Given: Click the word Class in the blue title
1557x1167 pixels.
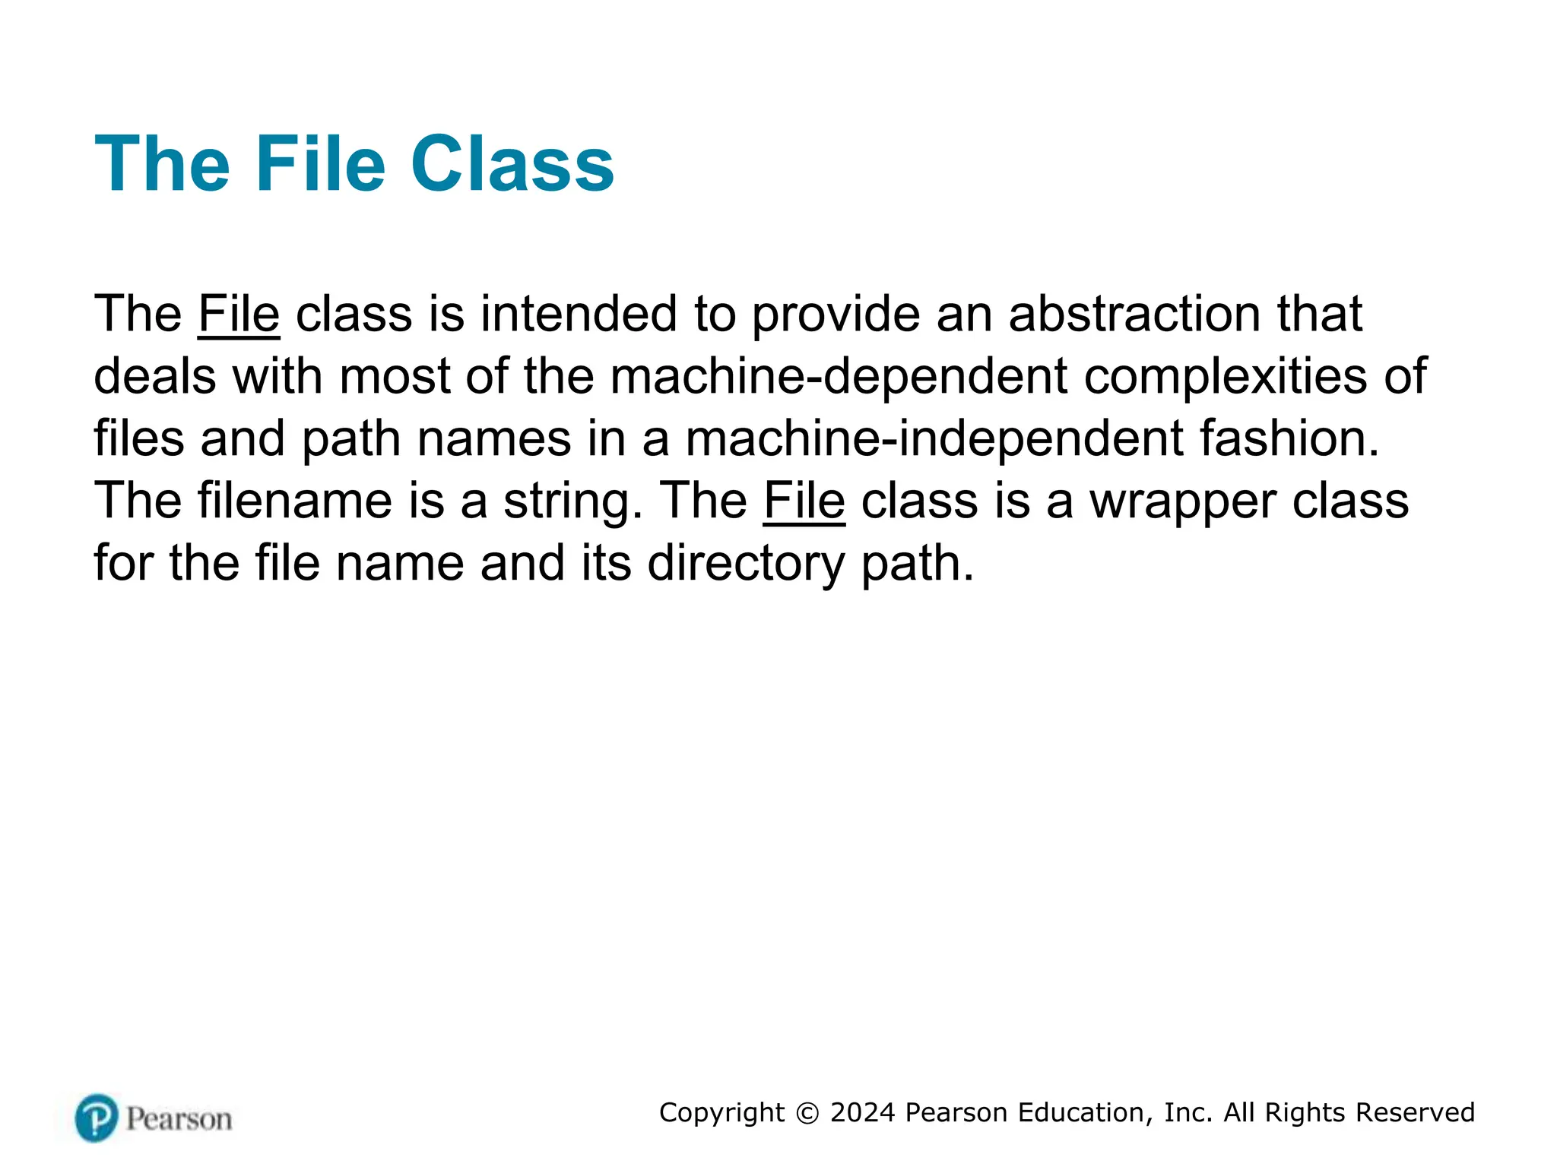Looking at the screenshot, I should click(512, 164).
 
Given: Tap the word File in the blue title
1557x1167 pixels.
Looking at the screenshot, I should click(320, 164).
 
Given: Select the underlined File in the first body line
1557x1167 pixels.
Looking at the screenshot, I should click(239, 314).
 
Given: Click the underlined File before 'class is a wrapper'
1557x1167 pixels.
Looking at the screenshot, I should click(804, 501).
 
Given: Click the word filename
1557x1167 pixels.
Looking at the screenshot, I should click(295, 501).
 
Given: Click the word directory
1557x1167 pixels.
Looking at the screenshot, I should click(746, 565).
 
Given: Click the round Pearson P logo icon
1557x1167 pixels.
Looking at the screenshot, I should click(97, 1118).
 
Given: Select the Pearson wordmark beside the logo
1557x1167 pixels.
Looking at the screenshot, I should click(179, 1119).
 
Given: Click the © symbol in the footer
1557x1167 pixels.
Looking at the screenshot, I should click(807, 1113).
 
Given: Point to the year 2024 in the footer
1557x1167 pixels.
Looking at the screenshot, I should click(863, 1112).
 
